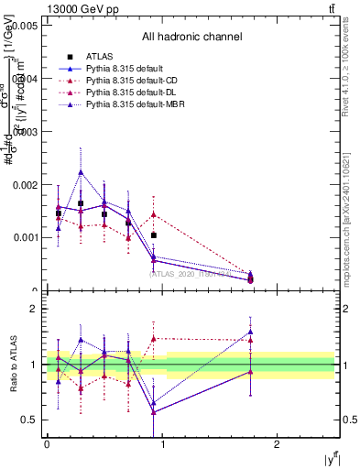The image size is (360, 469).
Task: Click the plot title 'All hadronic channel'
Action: coord(191,37)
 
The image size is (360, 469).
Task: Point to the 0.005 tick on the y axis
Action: coord(24,27)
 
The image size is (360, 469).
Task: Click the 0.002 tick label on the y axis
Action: coord(24,184)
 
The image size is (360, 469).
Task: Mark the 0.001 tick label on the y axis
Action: coord(24,237)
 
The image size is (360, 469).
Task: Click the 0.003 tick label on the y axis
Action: coord(24,132)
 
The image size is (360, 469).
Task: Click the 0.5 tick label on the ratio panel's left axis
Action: coord(27,420)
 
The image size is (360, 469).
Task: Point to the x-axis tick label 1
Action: coord(162,443)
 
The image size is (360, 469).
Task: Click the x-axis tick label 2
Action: coord(278,443)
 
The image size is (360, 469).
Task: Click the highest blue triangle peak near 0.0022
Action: coord(81,171)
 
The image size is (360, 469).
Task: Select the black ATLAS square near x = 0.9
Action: coord(153,235)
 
